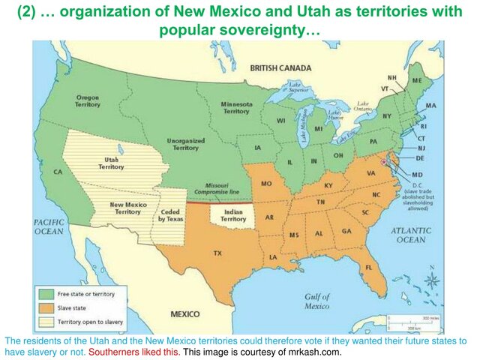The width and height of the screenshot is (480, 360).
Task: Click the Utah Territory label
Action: pyautogui.click(x=112, y=163)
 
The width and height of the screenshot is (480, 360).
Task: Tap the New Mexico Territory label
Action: pyautogui.click(x=125, y=208)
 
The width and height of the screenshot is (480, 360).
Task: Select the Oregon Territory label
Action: pyautogui.click(x=88, y=100)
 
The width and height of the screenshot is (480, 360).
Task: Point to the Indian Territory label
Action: pyautogui.click(x=228, y=215)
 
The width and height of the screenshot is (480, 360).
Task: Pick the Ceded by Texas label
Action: pyautogui.click(x=170, y=215)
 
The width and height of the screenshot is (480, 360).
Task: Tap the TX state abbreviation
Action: pyautogui.click(x=217, y=253)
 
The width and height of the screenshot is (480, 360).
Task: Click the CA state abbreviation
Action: pyautogui.click(x=57, y=172)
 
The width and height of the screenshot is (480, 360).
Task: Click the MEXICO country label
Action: pyautogui.click(x=184, y=313)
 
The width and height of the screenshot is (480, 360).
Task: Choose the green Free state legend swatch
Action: pyautogui.click(x=46, y=294)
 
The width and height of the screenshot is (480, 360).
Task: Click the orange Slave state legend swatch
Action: pyautogui.click(x=46, y=307)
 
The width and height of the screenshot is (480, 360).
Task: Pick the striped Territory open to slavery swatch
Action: pyautogui.click(x=46, y=322)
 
